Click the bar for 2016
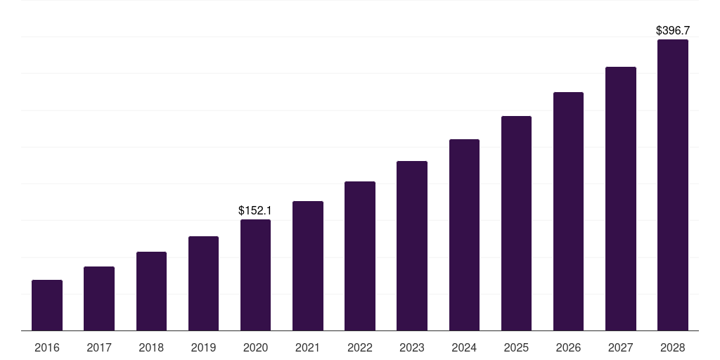point(47,305)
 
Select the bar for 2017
point(99,298)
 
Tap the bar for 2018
point(152,291)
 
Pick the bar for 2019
point(203,283)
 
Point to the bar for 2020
point(255,275)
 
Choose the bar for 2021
point(308,266)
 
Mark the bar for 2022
point(360,256)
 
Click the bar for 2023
point(412,245)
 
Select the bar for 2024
point(464,235)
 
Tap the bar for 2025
point(516,223)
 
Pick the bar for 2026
point(568,211)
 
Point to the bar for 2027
point(621,199)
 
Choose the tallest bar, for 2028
point(673,185)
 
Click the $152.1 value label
point(255,210)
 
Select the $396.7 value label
point(673,30)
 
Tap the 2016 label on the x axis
point(47,347)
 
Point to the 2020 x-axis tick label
point(255,347)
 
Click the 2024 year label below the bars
point(464,347)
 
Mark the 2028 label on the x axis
point(673,347)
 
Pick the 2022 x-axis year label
point(360,347)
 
